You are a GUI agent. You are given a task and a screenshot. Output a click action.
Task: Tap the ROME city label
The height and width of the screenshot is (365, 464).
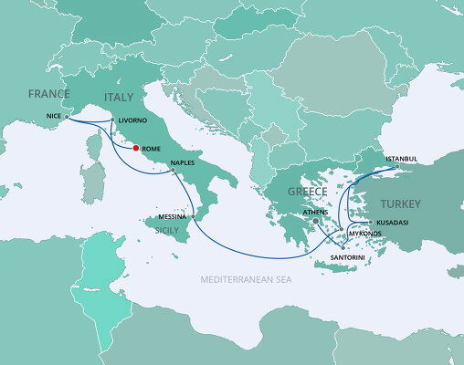click(x=152, y=150)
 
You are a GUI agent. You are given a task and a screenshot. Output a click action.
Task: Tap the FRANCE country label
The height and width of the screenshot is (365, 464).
click(x=49, y=95)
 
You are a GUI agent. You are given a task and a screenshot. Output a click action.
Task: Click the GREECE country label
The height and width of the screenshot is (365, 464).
click(x=307, y=193)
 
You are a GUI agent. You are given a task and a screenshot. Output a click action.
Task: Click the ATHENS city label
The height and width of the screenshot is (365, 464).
click(x=315, y=212)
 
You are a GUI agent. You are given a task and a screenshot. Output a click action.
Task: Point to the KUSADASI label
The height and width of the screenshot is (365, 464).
click(x=388, y=223)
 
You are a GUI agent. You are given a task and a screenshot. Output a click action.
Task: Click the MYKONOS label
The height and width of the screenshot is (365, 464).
click(x=366, y=234)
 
